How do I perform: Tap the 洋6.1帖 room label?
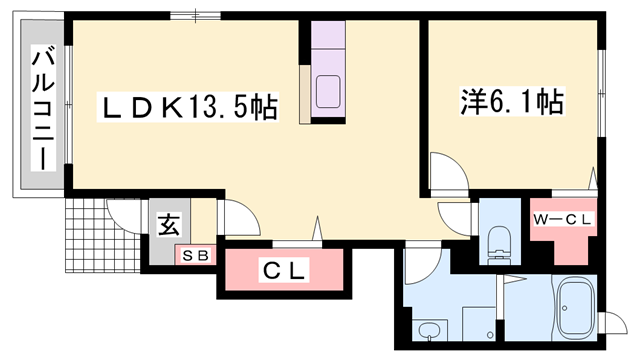point(511,101)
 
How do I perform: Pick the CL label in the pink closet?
point(285,270)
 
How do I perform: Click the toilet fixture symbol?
point(496,241)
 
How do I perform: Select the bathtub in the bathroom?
point(576,305)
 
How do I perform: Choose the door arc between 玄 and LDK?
point(234,218)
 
